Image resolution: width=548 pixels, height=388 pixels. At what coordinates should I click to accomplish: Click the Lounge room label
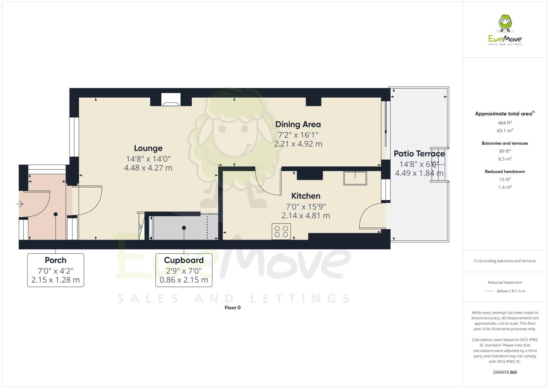coord(148,148)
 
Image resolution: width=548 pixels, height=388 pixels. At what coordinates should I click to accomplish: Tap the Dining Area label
coord(298,125)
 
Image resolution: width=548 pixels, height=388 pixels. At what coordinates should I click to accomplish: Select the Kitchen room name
coord(306,196)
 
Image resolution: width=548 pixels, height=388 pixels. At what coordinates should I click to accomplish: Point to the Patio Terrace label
coord(419,154)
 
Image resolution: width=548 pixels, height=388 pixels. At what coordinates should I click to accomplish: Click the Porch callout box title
coord(56,260)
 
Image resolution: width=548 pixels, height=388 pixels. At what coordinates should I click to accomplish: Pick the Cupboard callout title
coord(184,260)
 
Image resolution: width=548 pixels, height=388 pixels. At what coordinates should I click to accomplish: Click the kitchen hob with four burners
coord(281,231)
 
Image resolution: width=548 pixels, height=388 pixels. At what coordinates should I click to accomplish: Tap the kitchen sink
coord(355,178)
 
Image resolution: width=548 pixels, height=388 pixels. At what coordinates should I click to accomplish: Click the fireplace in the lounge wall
coord(171,100)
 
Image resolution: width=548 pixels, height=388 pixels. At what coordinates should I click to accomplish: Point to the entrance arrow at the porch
coord(20,204)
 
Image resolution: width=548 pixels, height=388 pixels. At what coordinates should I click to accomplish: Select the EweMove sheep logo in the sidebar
coord(505,24)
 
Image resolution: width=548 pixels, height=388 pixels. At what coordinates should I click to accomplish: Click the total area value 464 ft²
coord(505,123)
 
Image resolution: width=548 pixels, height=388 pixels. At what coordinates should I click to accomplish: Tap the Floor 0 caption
coord(233,308)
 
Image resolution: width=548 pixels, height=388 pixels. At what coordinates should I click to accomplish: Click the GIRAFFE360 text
coord(505,372)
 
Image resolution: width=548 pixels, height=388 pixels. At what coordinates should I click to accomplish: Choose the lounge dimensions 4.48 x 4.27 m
coord(148,168)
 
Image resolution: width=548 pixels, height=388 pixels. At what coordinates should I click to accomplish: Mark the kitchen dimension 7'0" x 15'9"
coord(306,207)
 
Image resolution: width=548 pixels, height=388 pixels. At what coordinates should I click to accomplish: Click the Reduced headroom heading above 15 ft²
coord(505,172)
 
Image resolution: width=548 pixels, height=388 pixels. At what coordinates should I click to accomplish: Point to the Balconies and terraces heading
coord(505,143)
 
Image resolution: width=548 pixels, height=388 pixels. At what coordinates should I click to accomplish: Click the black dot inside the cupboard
coord(184,228)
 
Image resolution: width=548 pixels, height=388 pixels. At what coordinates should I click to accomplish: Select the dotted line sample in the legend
coord(489,291)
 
